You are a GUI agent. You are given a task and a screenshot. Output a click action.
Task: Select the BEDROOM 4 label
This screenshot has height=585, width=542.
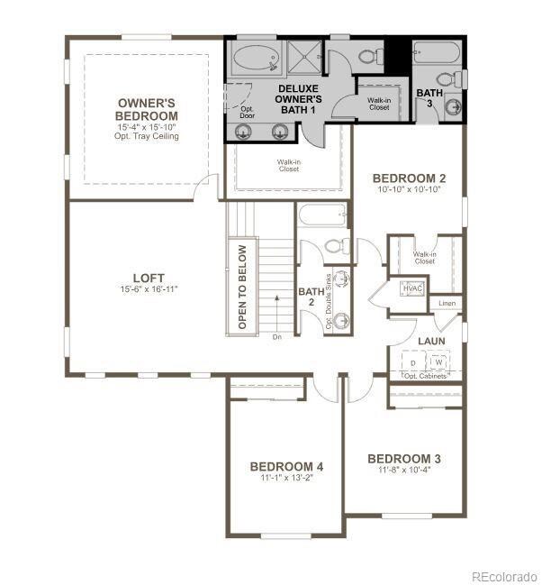(286, 466)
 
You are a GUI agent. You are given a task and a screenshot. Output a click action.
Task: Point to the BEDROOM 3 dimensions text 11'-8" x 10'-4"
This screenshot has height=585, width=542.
(404, 471)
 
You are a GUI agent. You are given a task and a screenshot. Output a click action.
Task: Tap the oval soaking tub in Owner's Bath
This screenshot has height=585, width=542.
(256, 60)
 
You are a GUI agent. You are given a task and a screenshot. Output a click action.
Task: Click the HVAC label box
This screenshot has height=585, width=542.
(412, 288)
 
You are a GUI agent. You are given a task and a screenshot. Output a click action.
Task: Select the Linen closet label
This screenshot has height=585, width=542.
(447, 304)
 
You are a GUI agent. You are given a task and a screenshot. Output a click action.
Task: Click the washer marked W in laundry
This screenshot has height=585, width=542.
(438, 362)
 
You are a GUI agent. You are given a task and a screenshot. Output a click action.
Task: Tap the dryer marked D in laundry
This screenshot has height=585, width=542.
(413, 362)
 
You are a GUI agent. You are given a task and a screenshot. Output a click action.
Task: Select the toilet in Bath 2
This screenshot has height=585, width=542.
(333, 246)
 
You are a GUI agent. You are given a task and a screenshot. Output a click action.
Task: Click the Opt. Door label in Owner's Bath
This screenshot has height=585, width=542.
(247, 112)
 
